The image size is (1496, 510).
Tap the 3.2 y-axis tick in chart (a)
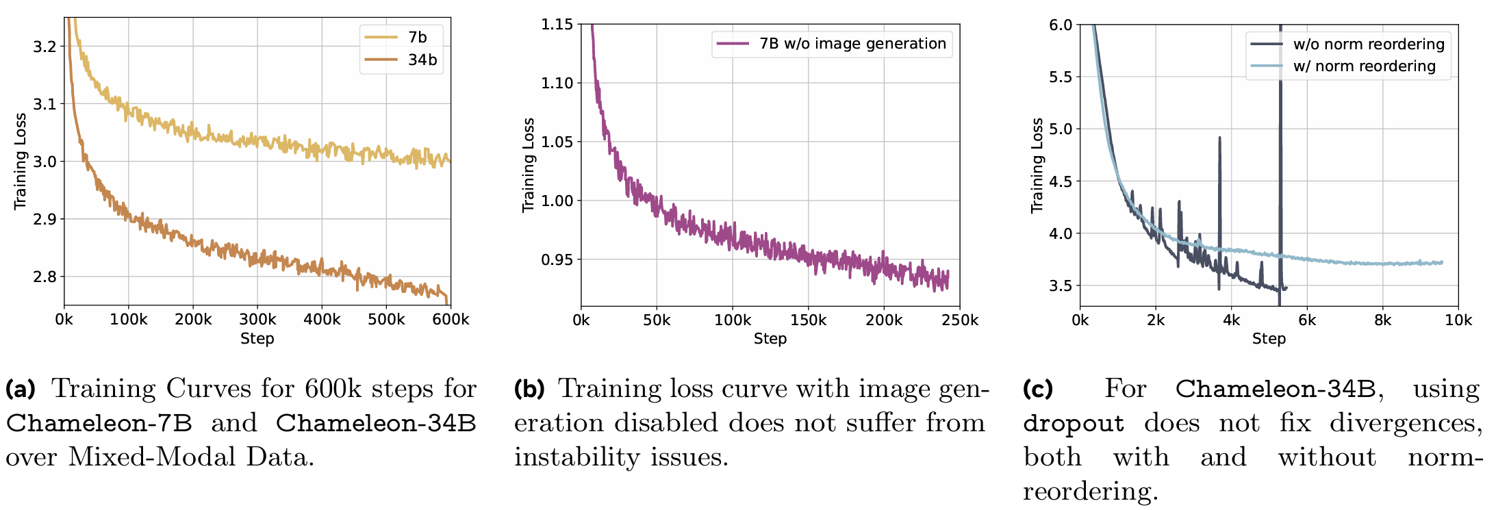(x=45, y=47)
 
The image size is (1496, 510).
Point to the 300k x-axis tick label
(x=257, y=320)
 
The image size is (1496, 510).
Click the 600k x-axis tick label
(x=451, y=320)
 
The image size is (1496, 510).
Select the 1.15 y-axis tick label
(x=557, y=25)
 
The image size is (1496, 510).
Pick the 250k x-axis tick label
(x=960, y=320)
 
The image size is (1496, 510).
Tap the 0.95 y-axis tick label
(x=557, y=260)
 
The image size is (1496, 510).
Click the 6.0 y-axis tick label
(x=1061, y=25)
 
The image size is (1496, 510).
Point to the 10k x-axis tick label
(x=1458, y=320)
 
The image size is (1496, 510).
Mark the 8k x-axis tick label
(x=1382, y=320)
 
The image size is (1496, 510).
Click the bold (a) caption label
(x=21, y=389)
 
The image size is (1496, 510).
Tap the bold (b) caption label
(x=529, y=389)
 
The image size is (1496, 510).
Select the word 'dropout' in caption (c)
(x=1073, y=423)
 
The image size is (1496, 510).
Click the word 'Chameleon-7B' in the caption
(x=99, y=423)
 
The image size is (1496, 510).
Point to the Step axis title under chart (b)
(x=770, y=338)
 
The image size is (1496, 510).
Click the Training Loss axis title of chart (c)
(x=1037, y=166)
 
